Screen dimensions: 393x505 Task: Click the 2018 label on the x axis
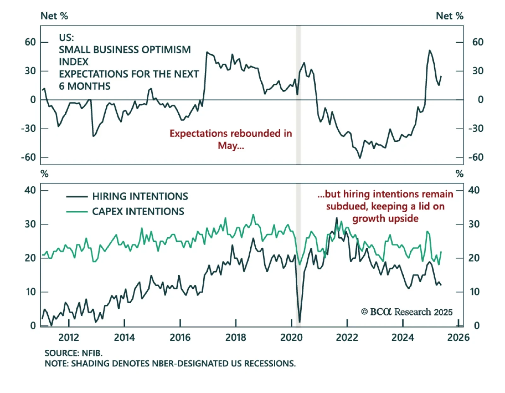235,337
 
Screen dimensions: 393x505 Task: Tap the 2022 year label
347,337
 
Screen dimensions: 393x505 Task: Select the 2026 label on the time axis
458,337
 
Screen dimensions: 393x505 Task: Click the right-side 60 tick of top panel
478,42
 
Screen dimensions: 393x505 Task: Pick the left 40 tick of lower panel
30,190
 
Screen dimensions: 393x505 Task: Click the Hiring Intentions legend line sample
77,196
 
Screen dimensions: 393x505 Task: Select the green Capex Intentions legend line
77,211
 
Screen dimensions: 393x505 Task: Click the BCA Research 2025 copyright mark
407,312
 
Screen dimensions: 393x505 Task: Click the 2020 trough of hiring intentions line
299,322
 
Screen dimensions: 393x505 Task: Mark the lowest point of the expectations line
360,158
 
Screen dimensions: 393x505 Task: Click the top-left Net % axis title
54,16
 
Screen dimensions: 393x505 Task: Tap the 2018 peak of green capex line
253,215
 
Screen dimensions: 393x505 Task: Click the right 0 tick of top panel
480,100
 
